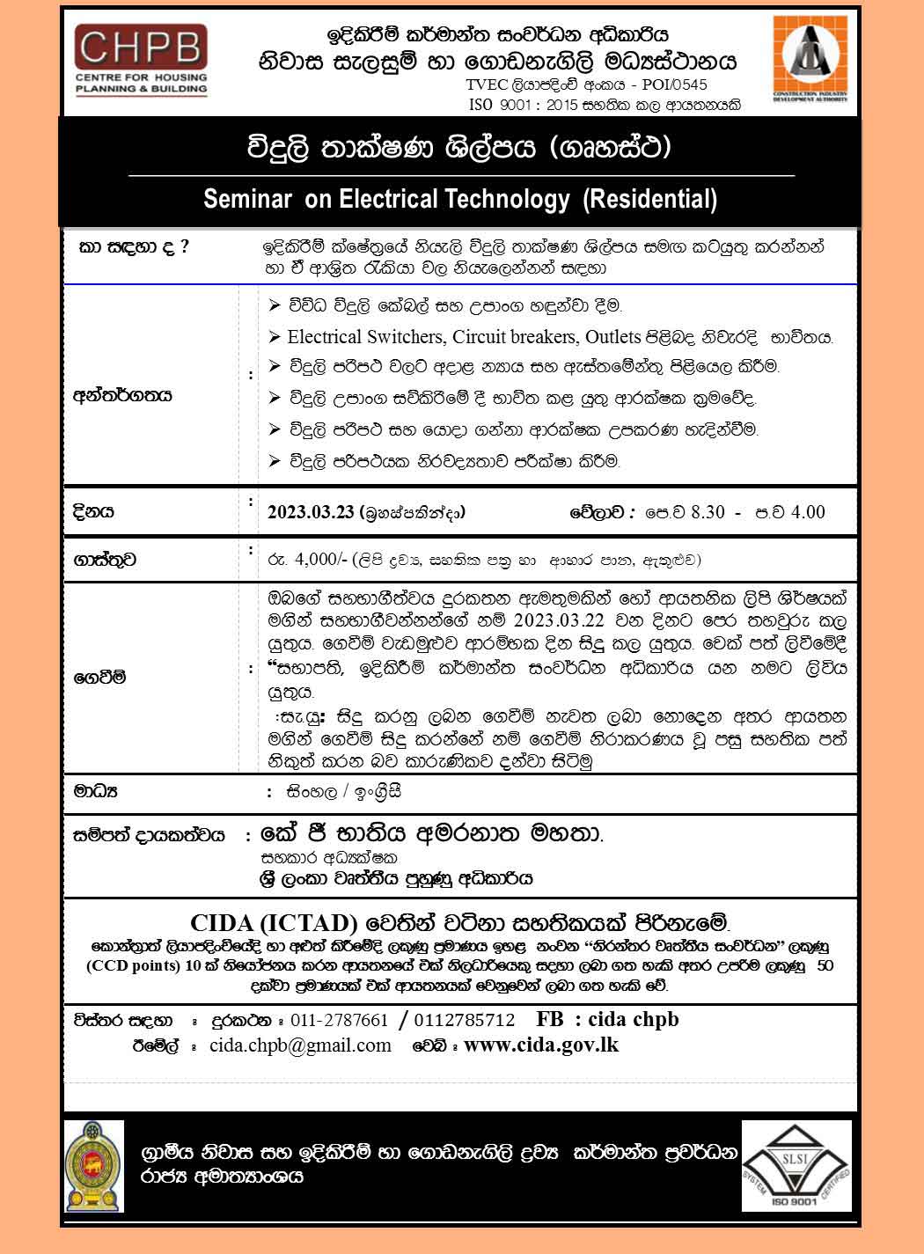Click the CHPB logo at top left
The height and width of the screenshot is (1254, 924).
[141, 60]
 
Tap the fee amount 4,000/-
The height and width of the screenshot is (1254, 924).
[323, 559]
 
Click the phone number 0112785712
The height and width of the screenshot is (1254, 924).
[464, 1020]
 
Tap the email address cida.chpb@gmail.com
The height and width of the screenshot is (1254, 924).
[300, 1045]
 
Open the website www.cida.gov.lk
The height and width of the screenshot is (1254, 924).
[541, 1045]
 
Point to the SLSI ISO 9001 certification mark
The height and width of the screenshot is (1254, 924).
[796, 1165]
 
